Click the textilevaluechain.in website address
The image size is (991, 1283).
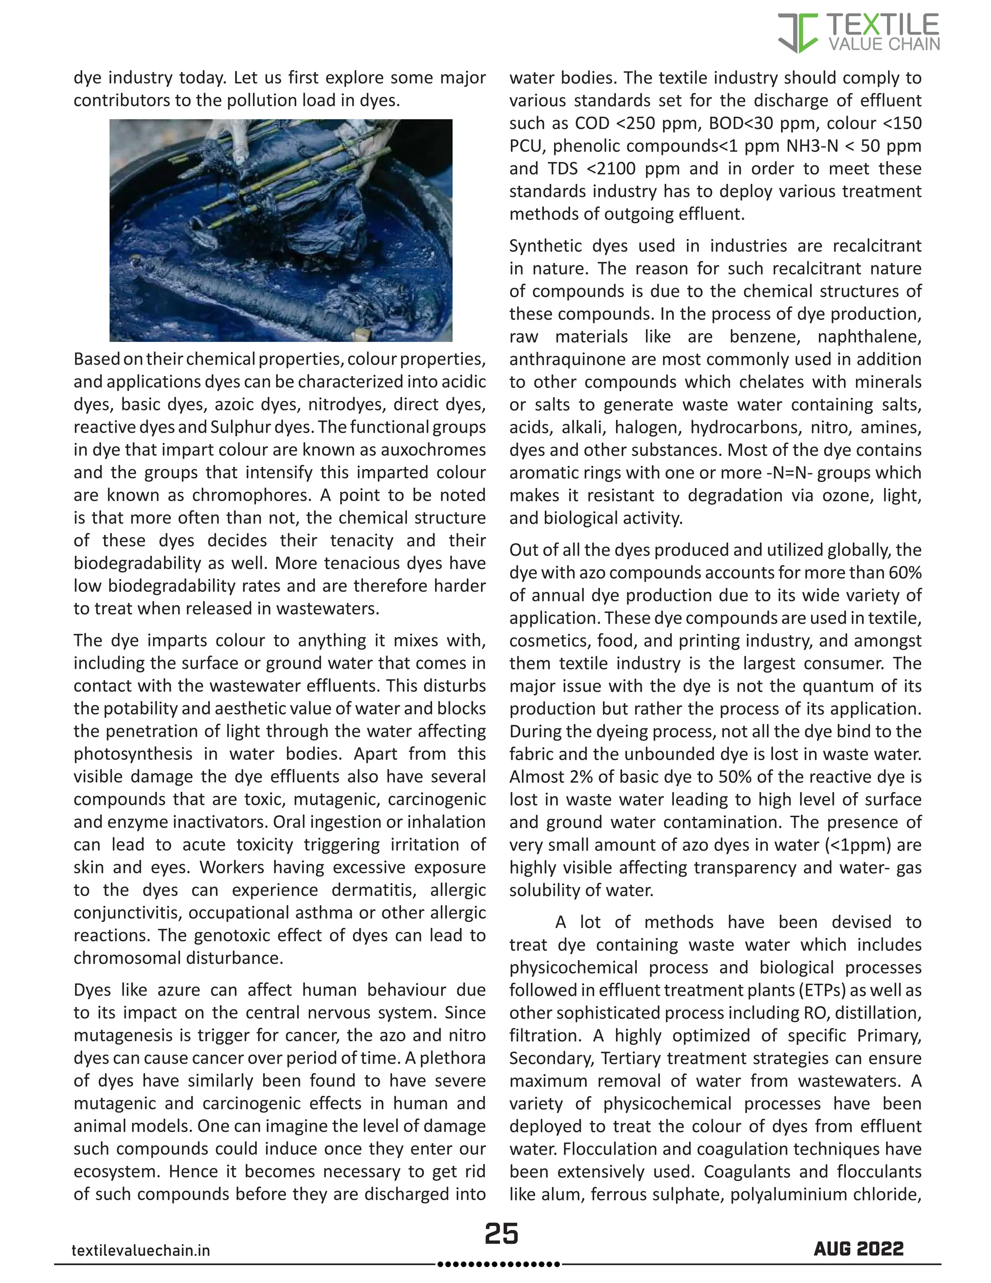pyautogui.click(x=140, y=1250)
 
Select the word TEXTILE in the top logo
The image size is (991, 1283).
pyautogui.click(x=883, y=25)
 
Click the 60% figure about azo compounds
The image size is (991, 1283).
pyautogui.click(x=906, y=572)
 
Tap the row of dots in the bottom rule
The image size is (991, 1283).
pyautogui.click(x=499, y=1264)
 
